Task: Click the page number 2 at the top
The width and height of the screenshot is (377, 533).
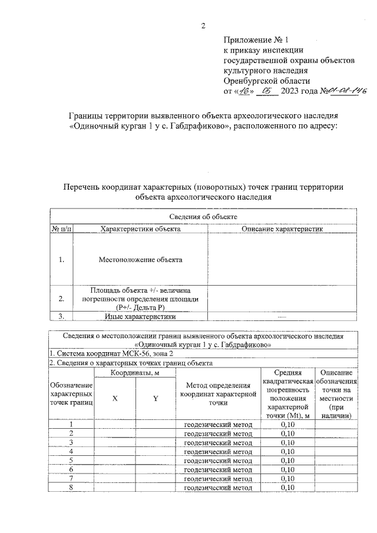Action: click(x=204, y=25)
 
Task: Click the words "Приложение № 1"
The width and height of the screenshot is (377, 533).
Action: click(x=256, y=41)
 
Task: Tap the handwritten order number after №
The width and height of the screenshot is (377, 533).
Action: click(x=346, y=91)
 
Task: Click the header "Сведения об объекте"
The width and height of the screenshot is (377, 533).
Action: click(x=203, y=217)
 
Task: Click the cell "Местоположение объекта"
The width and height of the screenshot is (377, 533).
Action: click(x=140, y=259)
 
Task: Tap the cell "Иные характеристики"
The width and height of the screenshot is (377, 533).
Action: click(x=140, y=317)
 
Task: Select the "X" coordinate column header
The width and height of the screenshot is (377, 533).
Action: click(x=115, y=398)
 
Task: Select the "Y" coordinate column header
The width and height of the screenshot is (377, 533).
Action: click(x=156, y=398)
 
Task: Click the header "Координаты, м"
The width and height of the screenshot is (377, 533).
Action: click(x=135, y=373)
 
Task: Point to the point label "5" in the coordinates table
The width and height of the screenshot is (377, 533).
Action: click(x=71, y=460)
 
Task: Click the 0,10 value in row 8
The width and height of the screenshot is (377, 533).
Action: click(x=287, y=487)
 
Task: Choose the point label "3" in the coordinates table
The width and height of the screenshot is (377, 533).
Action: click(x=71, y=442)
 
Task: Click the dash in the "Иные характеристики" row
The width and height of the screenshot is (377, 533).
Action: click(x=282, y=317)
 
